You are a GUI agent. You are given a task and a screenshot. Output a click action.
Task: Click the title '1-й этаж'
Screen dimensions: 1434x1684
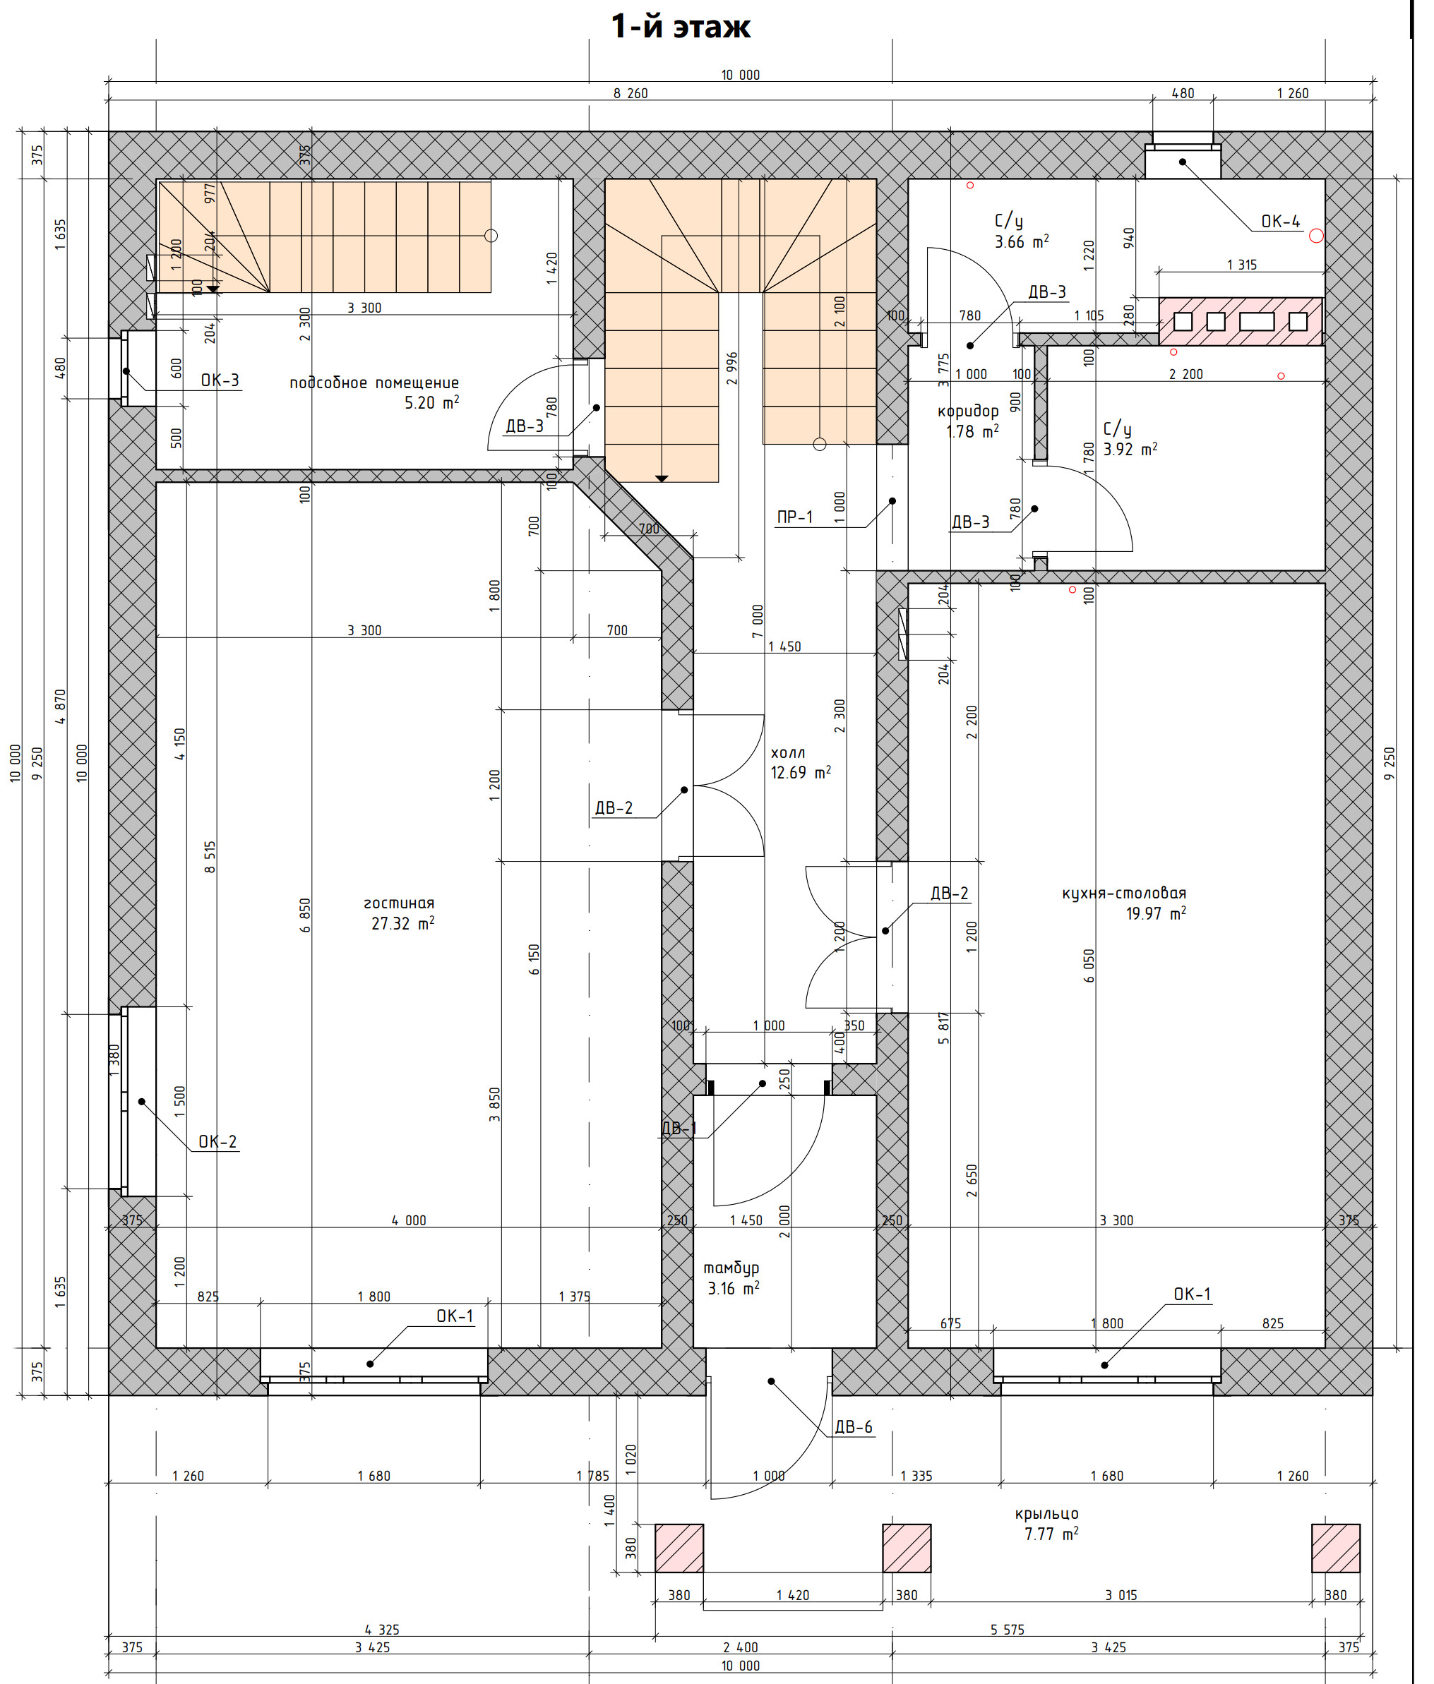681,27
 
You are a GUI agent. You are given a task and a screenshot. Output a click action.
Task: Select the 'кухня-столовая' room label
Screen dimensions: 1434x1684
1123,894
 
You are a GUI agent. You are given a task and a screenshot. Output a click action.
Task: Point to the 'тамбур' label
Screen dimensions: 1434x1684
731,1268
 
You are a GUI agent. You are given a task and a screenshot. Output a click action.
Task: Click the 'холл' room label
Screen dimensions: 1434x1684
788,753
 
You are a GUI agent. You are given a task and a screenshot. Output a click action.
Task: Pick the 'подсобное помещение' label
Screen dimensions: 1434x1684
374,383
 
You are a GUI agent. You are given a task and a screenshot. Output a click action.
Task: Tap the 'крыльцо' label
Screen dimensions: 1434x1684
1046,1514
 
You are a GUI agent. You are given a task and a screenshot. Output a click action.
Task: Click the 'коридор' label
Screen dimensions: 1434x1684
967,411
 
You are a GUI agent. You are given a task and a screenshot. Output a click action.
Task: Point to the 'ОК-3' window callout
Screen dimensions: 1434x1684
220,380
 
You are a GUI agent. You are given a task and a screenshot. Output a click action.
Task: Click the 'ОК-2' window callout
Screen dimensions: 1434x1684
218,1142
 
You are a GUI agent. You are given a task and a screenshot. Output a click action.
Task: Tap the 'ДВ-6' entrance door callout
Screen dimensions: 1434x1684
854,1427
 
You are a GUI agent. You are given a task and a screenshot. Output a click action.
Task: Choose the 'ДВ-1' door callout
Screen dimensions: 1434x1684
680,1128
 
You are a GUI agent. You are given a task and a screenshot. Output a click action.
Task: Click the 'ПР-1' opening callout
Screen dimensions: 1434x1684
794,517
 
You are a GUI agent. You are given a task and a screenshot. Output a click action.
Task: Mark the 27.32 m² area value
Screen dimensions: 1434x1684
402,924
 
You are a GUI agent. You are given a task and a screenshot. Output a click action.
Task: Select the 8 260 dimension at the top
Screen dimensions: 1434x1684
630,93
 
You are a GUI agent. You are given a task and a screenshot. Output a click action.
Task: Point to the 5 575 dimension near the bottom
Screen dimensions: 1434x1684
1008,1630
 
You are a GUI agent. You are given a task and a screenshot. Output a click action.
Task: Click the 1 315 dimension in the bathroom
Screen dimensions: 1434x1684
1241,265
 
